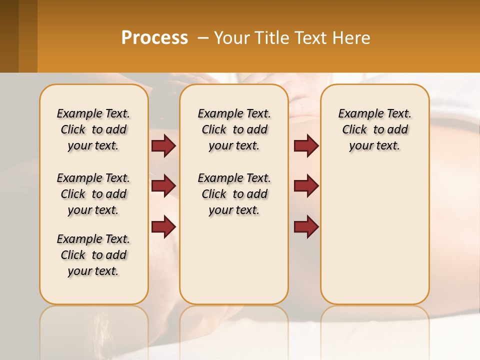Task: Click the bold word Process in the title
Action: (154, 38)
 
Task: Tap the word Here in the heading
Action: (352, 38)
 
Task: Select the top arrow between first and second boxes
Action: (163, 146)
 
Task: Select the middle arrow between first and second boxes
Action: (163, 186)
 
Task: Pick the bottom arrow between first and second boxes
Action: (163, 227)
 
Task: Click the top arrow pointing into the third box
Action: (306, 146)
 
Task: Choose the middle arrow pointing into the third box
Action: (306, 186)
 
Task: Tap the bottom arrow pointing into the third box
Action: (306, 227)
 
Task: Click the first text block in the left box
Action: (93, 129)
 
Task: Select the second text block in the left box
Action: (93, 194)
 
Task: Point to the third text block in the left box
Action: (93, 255)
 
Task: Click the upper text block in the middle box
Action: (234, 129)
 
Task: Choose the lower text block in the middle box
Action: (234, 194)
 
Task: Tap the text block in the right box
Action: (374, 129)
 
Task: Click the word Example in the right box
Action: (357, 114)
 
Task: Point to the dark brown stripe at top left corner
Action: (9, 36)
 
